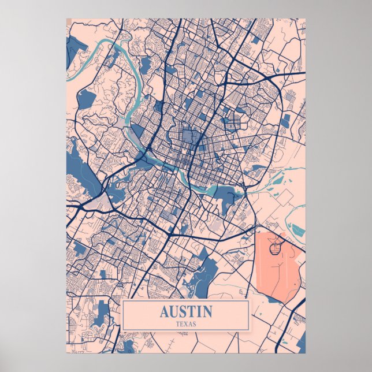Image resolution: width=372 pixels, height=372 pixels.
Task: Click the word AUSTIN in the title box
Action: (x=185, y=312)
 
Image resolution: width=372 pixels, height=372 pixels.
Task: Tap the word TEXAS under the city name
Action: (x=185, y=324)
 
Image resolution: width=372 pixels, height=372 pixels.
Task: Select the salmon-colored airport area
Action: (x=277, y=266)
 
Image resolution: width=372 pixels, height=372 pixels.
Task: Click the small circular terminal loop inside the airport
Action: (x=276, y=247)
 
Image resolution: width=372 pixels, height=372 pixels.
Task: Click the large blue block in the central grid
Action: (x=189, y=136)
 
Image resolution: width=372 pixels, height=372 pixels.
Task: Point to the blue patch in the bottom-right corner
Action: (x=301, y=341)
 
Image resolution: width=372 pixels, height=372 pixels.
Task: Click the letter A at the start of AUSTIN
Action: (x=164, y=312)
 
